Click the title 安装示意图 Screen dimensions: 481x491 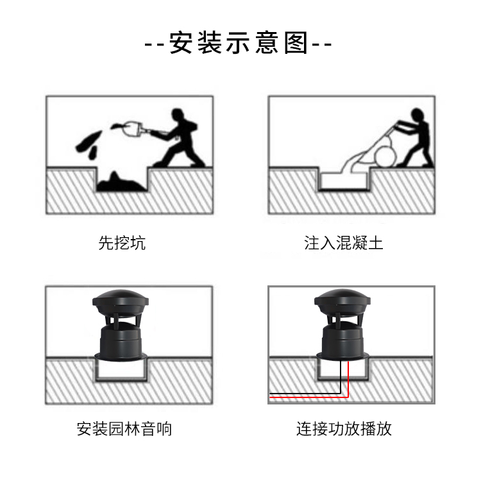click(x=239, y=42)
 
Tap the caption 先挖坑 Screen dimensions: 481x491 click(x=122, y=243)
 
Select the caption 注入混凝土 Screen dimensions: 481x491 click(x=344, y=243)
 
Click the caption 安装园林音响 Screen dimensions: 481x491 click(x=124, y=429)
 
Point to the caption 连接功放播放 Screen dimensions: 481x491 click(x=344, y=429)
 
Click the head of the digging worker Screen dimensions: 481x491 click(x=178, y=114)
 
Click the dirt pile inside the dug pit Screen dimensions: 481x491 click(x=121, y=183)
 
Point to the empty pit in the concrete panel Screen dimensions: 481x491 click(x=344, y=181)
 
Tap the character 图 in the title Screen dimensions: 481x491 click(x=296, y=43)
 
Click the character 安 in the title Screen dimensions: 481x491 click(x=181, y=43)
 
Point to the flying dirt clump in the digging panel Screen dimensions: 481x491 click(x=87, y=143)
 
